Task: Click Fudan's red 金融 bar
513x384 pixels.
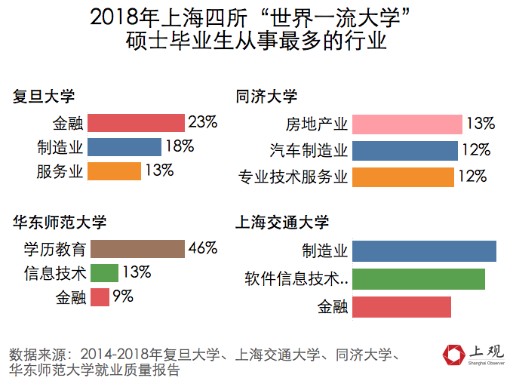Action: [x=136, y=123]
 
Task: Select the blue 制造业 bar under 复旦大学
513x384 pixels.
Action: [x=124, y=147]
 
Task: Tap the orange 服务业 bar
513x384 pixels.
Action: [x=114, y=171]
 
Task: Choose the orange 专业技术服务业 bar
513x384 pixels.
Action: [x=403, y=177]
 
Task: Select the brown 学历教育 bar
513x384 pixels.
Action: [x=136, y=249]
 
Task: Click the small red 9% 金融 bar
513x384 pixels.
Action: [x=98, y=297]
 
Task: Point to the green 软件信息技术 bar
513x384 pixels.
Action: [x=418, y=279]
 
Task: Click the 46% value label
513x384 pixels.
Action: [x=202, y=248]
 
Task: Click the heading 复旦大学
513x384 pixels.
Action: [x=44, y=97]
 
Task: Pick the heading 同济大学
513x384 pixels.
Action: [x=266, y=97]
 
